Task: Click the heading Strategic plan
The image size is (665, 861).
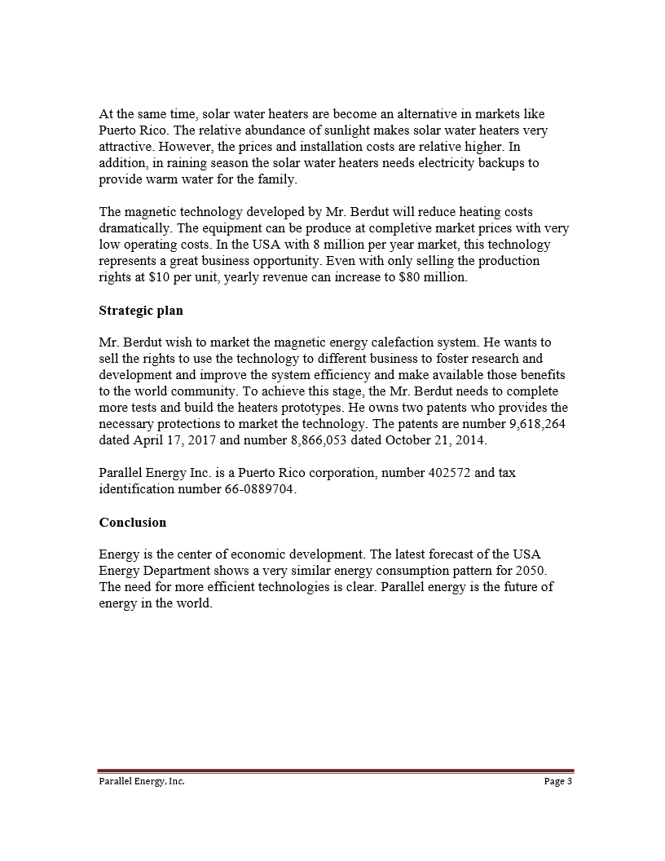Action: pos(140,311)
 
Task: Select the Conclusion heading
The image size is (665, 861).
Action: pos(132,522)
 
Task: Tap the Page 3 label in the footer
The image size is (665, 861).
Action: pos(558,781)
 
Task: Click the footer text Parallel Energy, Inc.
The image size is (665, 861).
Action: pos(137,781)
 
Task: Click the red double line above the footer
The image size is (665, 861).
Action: pos(336,770)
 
